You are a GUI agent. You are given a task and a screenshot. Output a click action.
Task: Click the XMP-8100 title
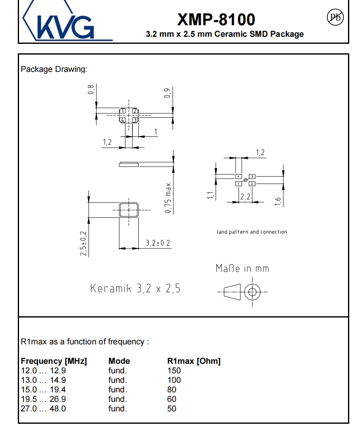tap(216, 19)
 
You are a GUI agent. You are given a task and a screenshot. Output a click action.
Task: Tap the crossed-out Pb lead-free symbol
tap(335, 17)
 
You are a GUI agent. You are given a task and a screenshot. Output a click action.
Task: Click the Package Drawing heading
tap(54, 69)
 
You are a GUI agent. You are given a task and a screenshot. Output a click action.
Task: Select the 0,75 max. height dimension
tap(168, 197)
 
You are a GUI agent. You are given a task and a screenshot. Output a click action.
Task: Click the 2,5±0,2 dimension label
tap(83, 244)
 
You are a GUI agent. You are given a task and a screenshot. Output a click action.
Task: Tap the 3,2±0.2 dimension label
tap(158, 243)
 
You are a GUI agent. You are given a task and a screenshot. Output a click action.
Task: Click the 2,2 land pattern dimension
tap(245, 197)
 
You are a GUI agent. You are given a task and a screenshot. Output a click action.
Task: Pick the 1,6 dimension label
tap(278, 201)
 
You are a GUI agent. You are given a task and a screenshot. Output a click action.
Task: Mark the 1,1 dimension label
tap(211, 195)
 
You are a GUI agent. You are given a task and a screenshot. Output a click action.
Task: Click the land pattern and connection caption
tap(252, 232)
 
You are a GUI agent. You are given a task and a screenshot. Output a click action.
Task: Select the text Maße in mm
tap(242, 268)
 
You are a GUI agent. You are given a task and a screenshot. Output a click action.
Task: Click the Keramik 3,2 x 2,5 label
tap(135, 288)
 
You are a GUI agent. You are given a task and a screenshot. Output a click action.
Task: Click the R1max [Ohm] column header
tap(194, 361)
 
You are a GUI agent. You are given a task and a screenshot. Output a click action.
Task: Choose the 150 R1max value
tap(174, 371)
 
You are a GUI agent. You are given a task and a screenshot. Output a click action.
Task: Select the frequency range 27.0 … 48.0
tap(43, 408)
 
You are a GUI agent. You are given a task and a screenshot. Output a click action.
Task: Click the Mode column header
tap(119, 361)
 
